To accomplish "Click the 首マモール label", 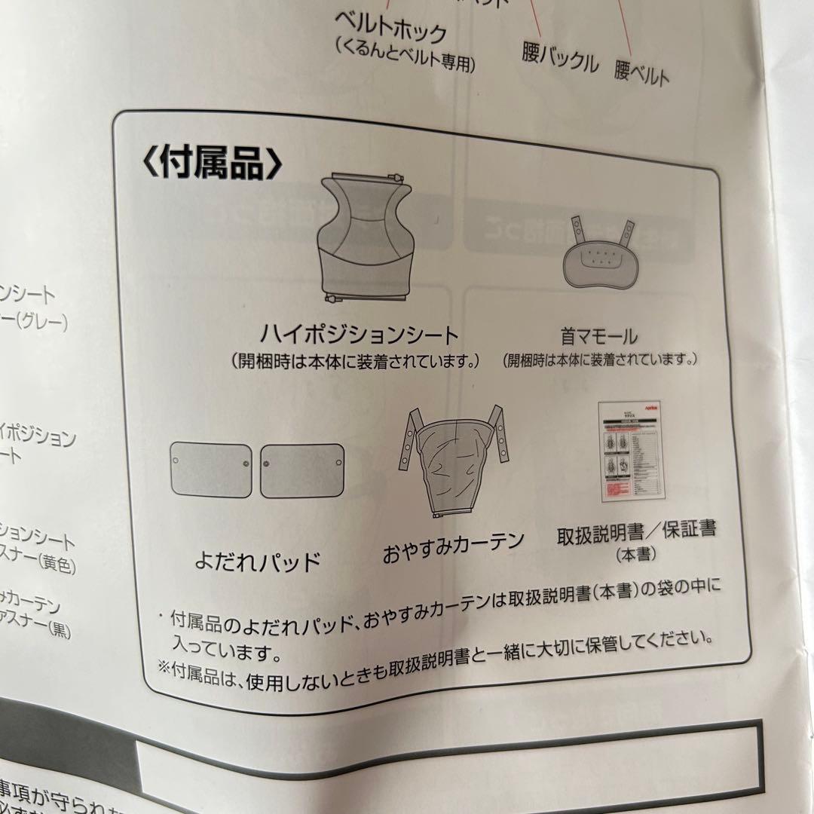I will click(x=598, y=336).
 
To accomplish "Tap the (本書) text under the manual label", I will click(x=635, y=555).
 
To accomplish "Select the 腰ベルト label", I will click(x=641, y=73).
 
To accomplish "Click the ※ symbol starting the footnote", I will click(x=164, y=667).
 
